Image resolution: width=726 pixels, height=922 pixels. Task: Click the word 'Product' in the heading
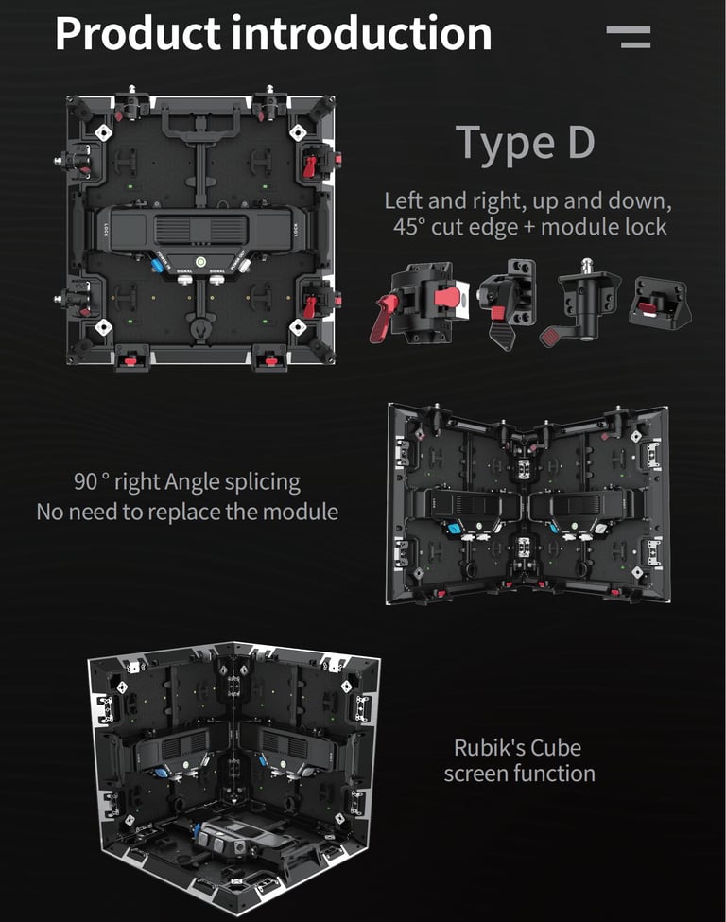pos(138,34)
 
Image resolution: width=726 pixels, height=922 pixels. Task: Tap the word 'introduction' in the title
pos(361,33)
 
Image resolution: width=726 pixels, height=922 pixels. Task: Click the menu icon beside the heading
pos(629,37)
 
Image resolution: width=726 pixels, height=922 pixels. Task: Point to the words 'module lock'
pos(604,227)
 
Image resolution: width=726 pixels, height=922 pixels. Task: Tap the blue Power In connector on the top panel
pos(158,265)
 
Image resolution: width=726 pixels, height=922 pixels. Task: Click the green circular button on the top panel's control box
pos(200,261)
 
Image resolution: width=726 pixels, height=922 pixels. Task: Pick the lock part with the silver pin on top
pos(580,301)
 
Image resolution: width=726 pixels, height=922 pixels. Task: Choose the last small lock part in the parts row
pos(660,301)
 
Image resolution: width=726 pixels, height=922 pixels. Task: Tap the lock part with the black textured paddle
pos(507,304)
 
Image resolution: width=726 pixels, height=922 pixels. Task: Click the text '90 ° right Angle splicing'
pos(187,481)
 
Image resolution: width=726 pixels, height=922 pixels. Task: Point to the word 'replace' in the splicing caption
pos(185,513)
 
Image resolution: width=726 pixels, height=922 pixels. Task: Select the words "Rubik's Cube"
pos(518,747)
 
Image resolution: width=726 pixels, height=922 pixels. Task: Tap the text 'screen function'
pos(520,774)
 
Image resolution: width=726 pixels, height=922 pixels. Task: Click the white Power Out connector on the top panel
pos(243,265)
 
